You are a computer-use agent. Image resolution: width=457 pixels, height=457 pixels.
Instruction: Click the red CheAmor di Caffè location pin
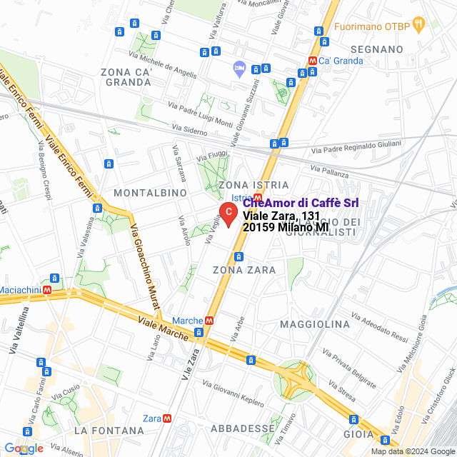[227, 214]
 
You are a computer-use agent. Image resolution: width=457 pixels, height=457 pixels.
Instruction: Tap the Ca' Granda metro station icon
[312, 61]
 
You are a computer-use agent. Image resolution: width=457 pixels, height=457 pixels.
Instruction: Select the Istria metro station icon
[258, 198]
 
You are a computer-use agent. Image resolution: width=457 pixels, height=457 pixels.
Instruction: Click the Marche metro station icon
[209, 321]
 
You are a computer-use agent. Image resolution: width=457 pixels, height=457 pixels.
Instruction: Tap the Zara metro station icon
[166, 418]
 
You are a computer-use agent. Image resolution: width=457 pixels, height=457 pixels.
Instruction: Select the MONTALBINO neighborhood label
[150, 193]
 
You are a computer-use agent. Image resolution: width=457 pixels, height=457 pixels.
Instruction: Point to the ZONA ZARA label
[244, 269]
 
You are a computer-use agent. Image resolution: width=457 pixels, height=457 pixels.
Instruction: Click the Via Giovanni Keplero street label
[233, 393]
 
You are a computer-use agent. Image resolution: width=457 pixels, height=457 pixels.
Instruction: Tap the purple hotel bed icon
[239, 69]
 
